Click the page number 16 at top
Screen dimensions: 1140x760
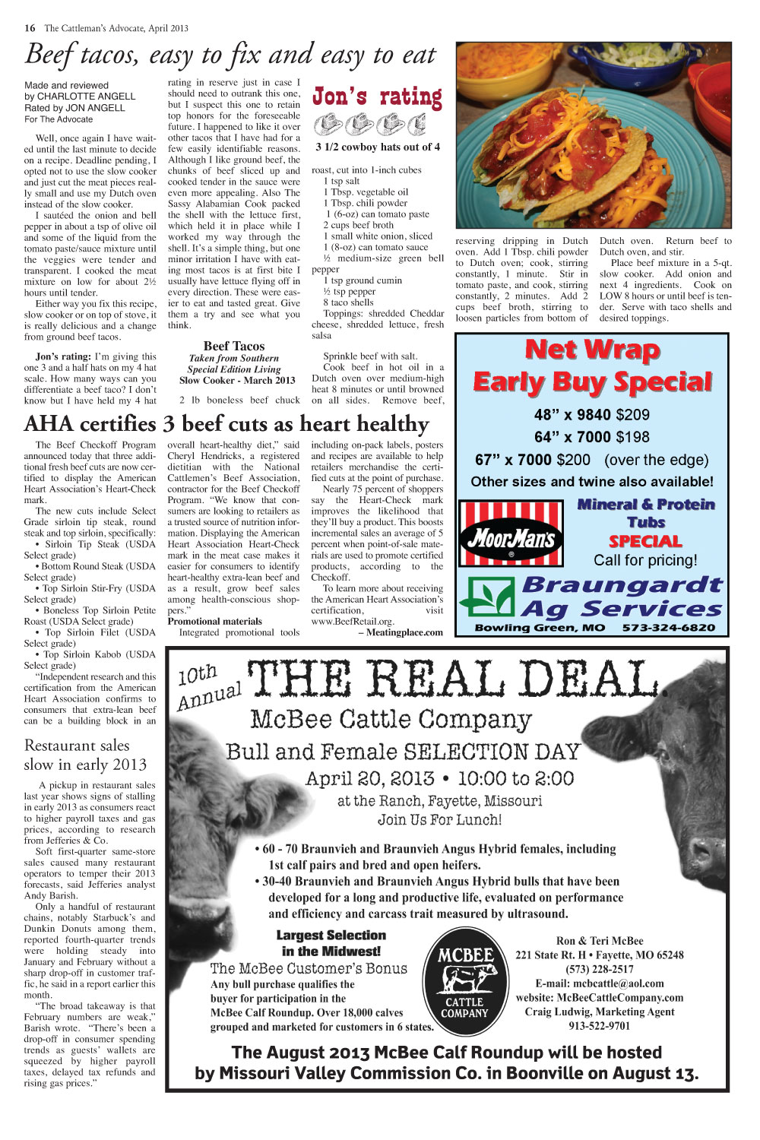click(x=30, y=28)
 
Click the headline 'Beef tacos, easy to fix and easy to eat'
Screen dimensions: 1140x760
click(x=230, y=55)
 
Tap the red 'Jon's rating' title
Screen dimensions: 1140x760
click(x=377, y=97)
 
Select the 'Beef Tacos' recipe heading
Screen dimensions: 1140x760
click(x=234, y=346)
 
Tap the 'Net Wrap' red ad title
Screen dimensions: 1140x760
click(x=592, y=350)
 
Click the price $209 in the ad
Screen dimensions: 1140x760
click(x=632, y=415)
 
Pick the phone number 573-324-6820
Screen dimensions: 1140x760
click(x=668, y=628)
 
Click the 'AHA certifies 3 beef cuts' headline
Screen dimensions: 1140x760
click(x=226, y=424)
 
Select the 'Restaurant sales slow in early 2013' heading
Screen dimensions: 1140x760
click(x=85, y=755)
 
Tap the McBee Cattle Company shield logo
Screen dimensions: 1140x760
click(x=464, y=983)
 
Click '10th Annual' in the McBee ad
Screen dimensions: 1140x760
click(x=207, y=686)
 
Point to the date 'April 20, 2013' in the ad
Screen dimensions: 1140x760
click(x=369, y=779)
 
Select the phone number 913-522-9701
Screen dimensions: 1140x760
click(x=599, y=1025)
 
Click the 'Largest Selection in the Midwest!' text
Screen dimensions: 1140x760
click(x=331, y=943)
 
